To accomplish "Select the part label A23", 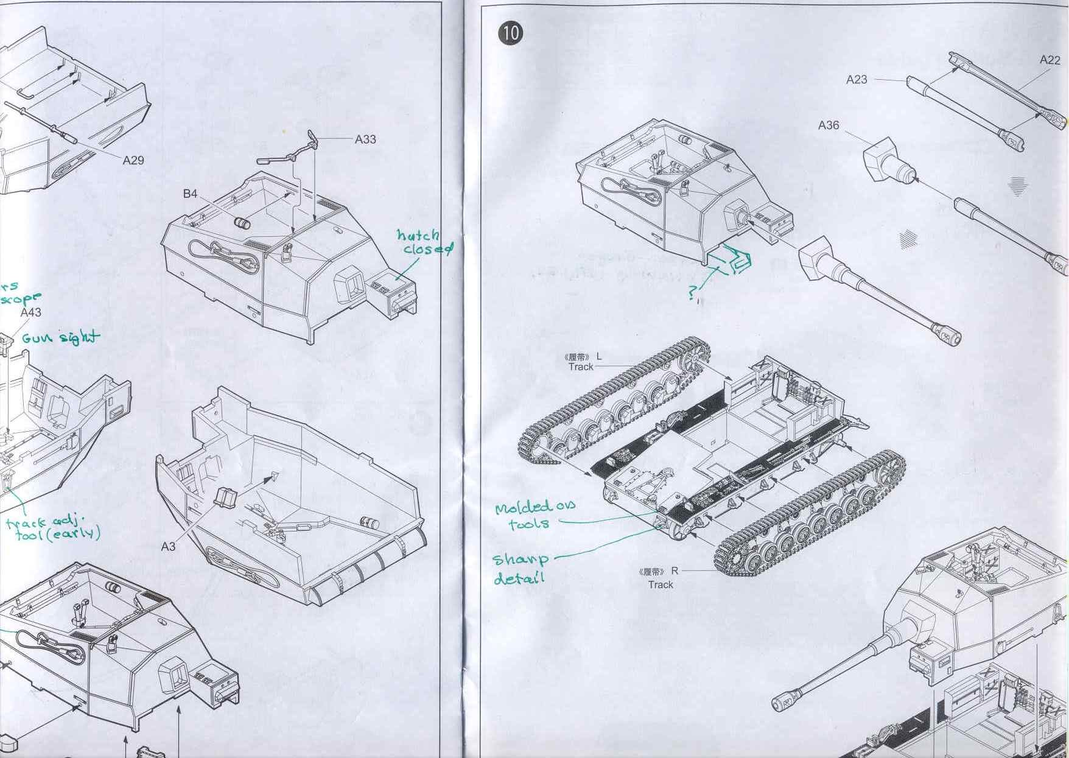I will (x=856, y=79).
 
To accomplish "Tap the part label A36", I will (x=828, y=125).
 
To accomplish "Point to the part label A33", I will (x=365, y=139).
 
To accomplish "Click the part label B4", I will (x=190, y=194).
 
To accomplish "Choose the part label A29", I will (x=133, y=160).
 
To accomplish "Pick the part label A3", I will (x=168, y=546).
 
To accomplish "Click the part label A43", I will (x=30, y=312).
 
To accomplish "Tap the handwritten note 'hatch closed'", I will (x=424, y=242).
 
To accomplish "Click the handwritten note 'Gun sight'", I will (x=60, y=337).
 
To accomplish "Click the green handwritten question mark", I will (x=693, y=294).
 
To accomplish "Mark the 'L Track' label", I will (x=583, y=362).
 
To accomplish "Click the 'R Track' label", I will (x=659, y=578).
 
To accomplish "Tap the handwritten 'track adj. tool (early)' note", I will (x=52, y=528).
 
